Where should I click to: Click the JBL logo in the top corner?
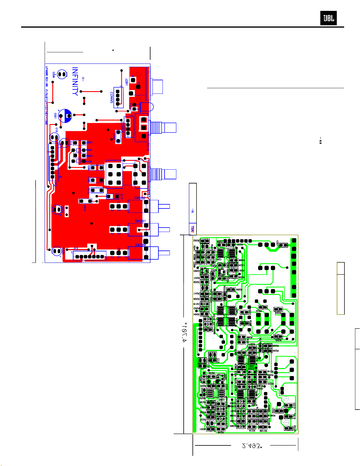328,18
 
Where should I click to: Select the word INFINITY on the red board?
75,81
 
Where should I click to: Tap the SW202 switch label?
140,198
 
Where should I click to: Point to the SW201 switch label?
140,221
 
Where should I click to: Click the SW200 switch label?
140,245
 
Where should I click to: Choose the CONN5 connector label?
112,97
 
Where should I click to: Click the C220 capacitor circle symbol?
62,74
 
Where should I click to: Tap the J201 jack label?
126,81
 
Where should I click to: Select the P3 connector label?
76,249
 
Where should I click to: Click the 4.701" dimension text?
184,333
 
